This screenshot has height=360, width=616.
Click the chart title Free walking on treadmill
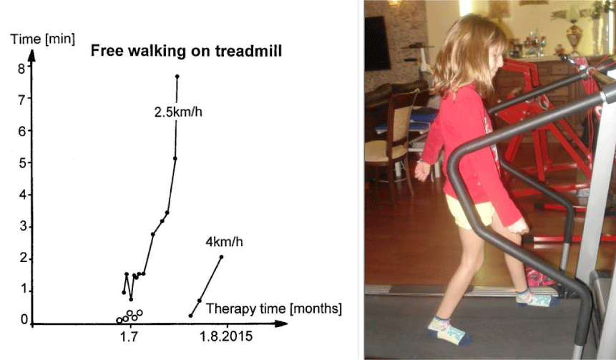[x=186, y=51]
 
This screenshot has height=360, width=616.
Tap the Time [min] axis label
[x=42, y=39]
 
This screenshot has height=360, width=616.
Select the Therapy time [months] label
[x=274, y=308]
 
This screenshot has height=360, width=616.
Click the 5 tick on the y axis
[x=21, y=162]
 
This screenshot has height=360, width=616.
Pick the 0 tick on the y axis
[x=24, y=320]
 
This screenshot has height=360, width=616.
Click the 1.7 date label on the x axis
[x=129, y=337]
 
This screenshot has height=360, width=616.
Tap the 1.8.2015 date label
[x=226, y=337]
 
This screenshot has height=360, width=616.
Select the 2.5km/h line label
[x=178, y=112]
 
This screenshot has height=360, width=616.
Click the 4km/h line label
[x=225, y=242]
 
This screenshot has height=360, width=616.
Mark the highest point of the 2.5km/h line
[x=177, y=77]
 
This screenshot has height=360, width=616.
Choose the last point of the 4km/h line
[x=221, y=257]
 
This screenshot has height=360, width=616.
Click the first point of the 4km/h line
[x=191, y=316]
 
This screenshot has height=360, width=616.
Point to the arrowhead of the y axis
[x=32, y=55]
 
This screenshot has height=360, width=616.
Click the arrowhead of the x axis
[x=281, y=323]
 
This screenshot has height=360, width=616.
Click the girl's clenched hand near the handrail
[x=518, y=227]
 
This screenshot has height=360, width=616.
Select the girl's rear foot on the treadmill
[x=448, y=333]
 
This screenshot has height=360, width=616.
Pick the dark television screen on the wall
[x=377, y=43]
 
